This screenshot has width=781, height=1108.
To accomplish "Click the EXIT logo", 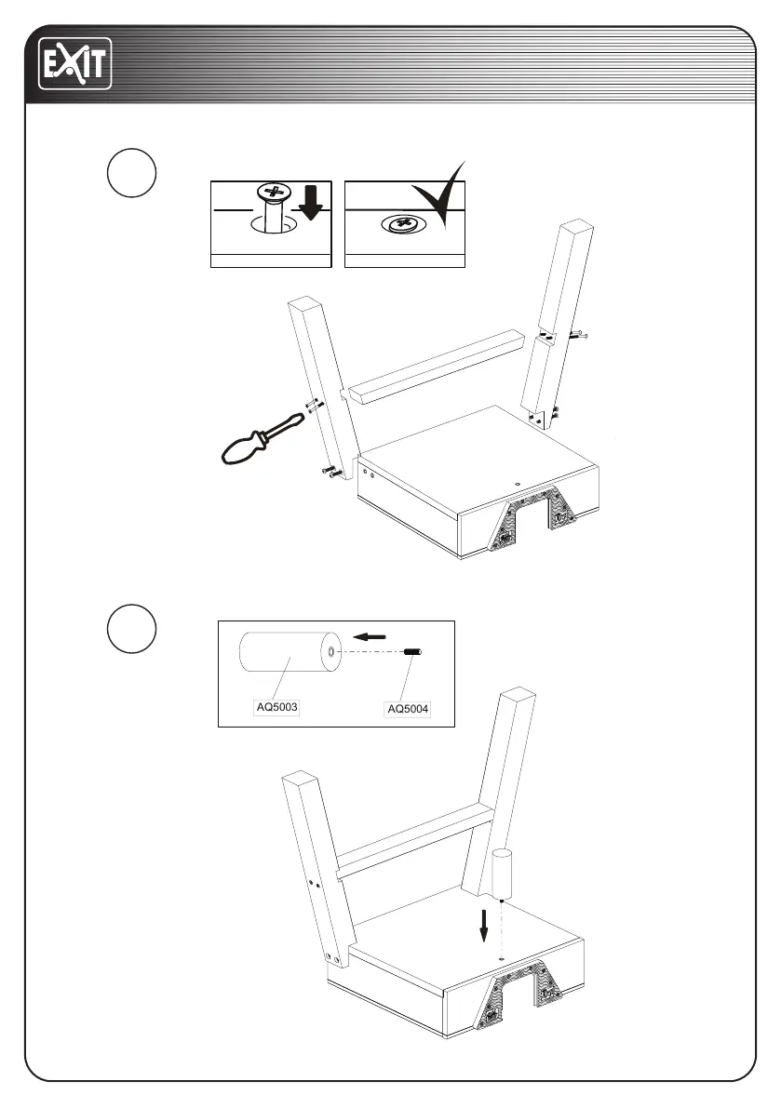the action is tap(74, 63).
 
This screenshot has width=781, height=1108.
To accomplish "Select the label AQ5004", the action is tap(408, 710).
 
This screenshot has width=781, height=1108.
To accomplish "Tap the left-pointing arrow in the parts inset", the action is tap(370, 638).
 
